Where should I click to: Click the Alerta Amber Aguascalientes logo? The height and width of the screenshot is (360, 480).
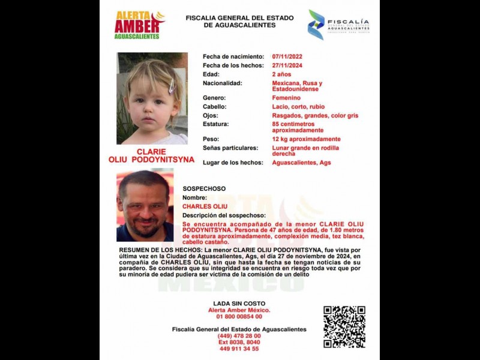pos(139,25)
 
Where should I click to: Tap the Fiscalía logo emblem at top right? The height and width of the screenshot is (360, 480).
pos(316,24)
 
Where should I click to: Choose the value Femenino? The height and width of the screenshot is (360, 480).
pos(286,97)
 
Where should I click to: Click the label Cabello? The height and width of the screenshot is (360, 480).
pos(215,106)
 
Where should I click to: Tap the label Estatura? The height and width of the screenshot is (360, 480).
pos(217,124)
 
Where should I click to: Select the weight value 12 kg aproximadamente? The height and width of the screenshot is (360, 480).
pos(306,139)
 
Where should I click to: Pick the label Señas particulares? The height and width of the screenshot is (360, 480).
pos(230,148)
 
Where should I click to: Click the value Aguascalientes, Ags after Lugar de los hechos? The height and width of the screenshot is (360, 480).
pos(301,163)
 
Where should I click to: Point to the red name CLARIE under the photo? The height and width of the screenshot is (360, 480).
pos(151,152)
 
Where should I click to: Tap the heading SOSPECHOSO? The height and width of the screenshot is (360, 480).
pos(205,188)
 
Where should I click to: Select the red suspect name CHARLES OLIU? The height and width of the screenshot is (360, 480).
pos(205,206)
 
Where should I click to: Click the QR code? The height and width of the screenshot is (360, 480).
pos(344,327)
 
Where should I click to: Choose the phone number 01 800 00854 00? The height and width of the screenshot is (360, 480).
pos(239,316)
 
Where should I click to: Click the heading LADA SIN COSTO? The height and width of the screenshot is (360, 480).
pos(239,304)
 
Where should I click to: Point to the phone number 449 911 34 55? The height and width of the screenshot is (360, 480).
pos(239,349)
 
